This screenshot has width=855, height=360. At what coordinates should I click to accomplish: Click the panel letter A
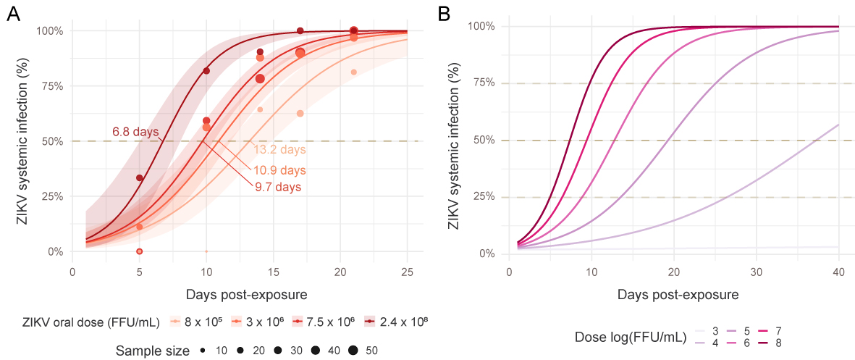(x=12, y=14)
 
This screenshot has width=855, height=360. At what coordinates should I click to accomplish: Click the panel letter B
(x=445, y=14)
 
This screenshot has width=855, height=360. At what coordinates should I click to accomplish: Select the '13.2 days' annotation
(x=279, y=150)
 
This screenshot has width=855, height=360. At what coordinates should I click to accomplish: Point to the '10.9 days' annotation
(x=279, y=171)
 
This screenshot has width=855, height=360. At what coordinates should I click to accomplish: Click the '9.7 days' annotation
(x=277, y=187)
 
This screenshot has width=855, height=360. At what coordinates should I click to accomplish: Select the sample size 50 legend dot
(x=353, y=351)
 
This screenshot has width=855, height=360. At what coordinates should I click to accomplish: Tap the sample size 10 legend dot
(x=203, y=351)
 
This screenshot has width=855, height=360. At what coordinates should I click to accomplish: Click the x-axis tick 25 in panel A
(x=407, y=272)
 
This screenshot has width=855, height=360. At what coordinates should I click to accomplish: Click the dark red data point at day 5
(x=139, y=178)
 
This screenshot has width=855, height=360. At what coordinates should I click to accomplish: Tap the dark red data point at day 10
(x=206, y=71)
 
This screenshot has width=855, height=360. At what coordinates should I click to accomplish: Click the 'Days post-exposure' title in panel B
(x=678, y=296)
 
